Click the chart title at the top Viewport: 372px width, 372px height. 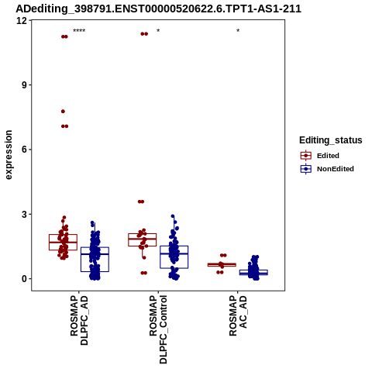click(158, 9)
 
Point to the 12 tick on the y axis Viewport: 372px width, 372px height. click(22, 20)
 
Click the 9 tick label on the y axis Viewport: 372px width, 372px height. click(25, 85)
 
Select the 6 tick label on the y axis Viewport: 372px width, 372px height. click(25, 150)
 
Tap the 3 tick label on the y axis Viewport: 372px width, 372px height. click(25, 214)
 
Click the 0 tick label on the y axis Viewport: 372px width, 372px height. click(25, 279)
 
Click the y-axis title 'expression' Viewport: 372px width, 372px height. click(9, 155)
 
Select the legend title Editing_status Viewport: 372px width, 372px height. click(331, 140)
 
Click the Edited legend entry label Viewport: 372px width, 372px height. click(328, 156)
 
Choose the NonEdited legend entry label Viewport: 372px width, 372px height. click(336, 169)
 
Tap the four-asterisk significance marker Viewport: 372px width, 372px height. click(79, 31)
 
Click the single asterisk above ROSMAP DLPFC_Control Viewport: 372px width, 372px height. click(158, 31)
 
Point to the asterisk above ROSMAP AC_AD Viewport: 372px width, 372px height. click(238, 31)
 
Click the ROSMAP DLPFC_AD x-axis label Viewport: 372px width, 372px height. click(79, 321)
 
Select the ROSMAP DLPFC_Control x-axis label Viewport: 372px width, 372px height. click(158, 329)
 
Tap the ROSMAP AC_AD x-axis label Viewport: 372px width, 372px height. click(238, 315)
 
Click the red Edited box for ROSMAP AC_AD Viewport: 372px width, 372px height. click(222, 265)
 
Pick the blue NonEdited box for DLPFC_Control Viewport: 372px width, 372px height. click(174, 257)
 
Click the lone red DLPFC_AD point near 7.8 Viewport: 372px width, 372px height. click(63, 112)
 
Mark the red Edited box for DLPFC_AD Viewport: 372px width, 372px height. click(63, 242)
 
